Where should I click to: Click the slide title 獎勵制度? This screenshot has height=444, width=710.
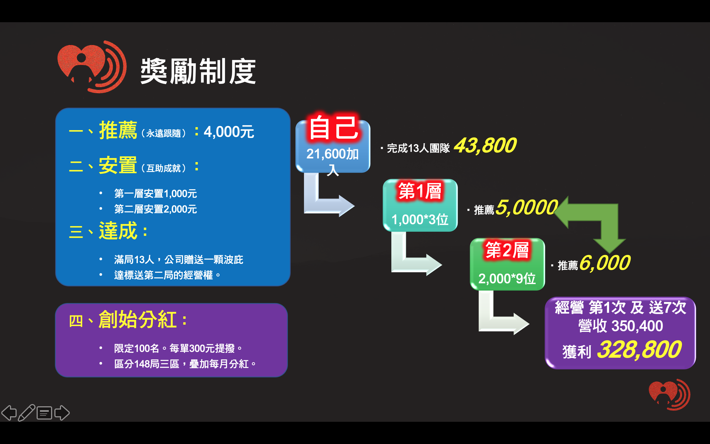click(198, 71)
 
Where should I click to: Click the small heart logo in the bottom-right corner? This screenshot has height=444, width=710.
click(669, 395)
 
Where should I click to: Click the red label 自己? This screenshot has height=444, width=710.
click(333, 128)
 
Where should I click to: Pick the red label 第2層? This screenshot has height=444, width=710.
click(507, 250)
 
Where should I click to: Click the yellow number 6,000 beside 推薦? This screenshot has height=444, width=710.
click(604, 263)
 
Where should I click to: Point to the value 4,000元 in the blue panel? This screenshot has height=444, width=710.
click(229, 132)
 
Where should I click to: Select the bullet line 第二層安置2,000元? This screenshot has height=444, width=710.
click(155, 209)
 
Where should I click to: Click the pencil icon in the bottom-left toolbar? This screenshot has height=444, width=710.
click(26, 413)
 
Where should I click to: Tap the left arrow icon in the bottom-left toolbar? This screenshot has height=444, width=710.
click(9, 413)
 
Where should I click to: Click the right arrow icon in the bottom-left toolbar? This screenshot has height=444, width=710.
click(62, 413)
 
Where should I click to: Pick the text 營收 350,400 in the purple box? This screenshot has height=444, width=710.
click(620, 326)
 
